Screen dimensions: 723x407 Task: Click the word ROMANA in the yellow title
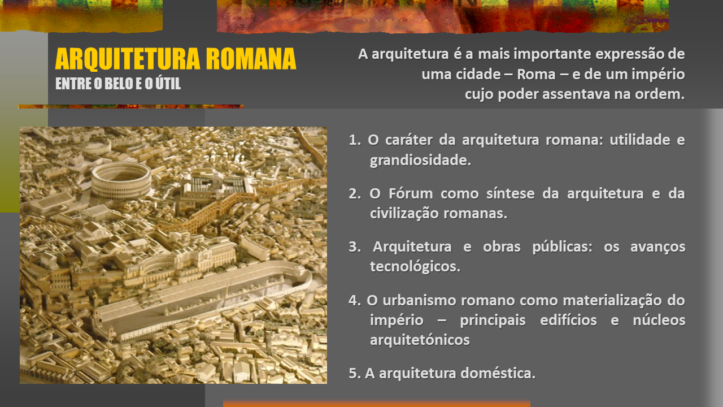(251, 59)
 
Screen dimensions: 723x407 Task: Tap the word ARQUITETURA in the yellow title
(128, 59)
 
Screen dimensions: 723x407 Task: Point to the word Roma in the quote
(536, 74)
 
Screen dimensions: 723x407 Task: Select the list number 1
(355, 140)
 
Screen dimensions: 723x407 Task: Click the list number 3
(355, 247)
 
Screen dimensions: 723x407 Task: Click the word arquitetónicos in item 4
(420, 340)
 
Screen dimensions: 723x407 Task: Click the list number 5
(355, 374)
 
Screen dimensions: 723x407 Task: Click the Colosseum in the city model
(121, 181)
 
